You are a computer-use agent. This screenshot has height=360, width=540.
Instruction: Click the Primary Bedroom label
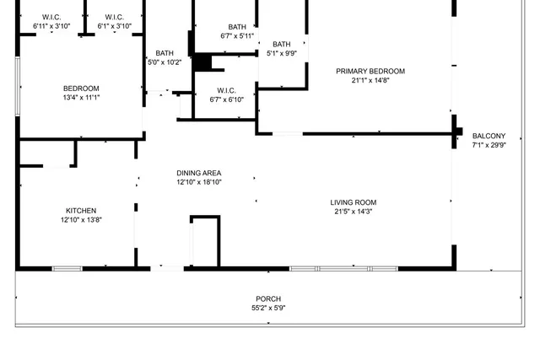(x=370, y=72)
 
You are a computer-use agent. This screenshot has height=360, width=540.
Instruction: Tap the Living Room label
(x=353, y=202)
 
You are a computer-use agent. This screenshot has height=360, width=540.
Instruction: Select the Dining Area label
(x=199, y=173)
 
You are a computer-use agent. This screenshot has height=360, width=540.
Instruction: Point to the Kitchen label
(x=81, y=211)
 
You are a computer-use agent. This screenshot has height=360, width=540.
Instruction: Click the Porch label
(x=268, y=299)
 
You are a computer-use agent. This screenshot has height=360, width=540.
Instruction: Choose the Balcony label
(x=489, y=137)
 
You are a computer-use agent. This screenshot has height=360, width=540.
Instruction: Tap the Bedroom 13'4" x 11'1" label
(x=81, y=89)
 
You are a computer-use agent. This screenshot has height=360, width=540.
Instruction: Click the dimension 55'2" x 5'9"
(x=268, y=309)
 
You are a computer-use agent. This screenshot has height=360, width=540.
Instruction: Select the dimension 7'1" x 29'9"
(x=489, y=145)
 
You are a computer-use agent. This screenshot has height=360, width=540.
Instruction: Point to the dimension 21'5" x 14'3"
(x=353, y=212)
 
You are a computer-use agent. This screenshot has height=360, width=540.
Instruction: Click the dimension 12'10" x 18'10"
(x=199, y=182)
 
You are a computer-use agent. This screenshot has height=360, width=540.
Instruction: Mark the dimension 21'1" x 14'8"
(x=370, y=81)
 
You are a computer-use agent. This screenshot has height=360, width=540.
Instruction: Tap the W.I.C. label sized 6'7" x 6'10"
(x=226, y=90)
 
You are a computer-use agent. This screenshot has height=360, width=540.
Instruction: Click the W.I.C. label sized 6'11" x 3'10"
(x=51, y=18)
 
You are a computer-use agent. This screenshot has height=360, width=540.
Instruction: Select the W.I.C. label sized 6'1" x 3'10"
(x=115, y=18)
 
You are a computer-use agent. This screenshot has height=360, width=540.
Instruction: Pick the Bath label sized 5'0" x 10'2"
(x=165, y=54)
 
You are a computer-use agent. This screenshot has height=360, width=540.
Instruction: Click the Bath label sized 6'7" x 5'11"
(x=237, y=27)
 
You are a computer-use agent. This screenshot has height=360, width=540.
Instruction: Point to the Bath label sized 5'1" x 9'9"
(x=281, y=45)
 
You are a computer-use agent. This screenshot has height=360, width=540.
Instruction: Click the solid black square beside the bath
(x=202, y=63)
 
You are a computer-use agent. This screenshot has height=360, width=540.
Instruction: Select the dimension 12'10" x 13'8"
(x=81, y=220)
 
